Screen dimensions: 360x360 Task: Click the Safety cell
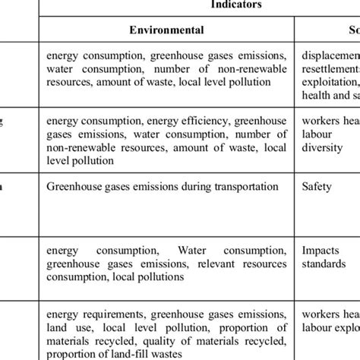point(315,185)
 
